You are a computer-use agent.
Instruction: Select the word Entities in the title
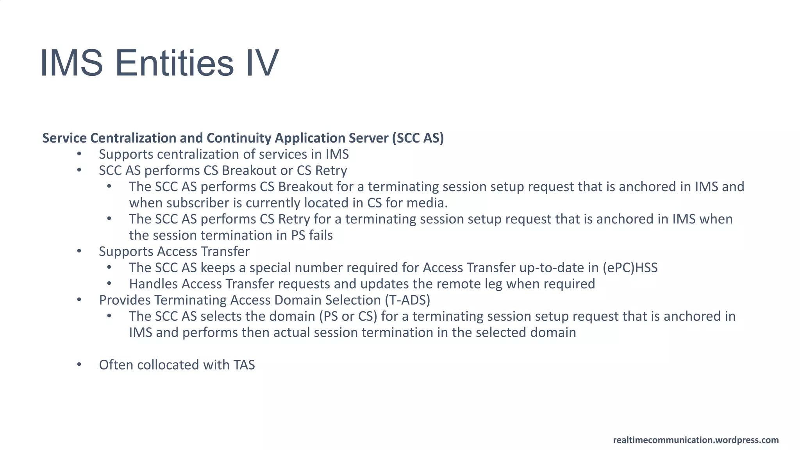(x=174, y=63)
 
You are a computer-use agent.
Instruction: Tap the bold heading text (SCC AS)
(x=418, y=138)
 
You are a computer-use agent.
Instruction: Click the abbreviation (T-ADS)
(x=407, y=300)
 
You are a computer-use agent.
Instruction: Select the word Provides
(x=125, y=300)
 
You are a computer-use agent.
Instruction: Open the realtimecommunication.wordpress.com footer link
(x=696, y=440)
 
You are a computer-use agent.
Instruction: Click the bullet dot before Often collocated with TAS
(x=79, y=364)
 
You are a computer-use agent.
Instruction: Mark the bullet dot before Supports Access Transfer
(x=79, y=251)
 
